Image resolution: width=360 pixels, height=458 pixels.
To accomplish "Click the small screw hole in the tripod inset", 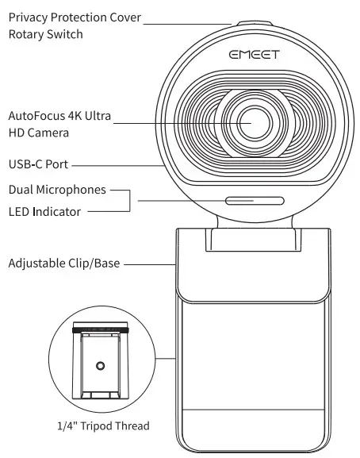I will [x=100, y=365].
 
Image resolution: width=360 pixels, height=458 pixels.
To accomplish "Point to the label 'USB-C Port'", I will [x=37, y=165].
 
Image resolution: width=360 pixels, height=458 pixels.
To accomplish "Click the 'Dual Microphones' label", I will [x=56, y=191].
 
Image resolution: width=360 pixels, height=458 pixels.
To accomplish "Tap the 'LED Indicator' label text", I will [x=45, y=212].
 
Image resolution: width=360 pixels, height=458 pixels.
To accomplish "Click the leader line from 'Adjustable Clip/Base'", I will [x=151, y=263].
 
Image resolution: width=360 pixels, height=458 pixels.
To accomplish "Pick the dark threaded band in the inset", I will [x=100, y=327].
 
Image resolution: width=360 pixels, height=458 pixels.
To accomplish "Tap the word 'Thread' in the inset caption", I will [x=132, y=426].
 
